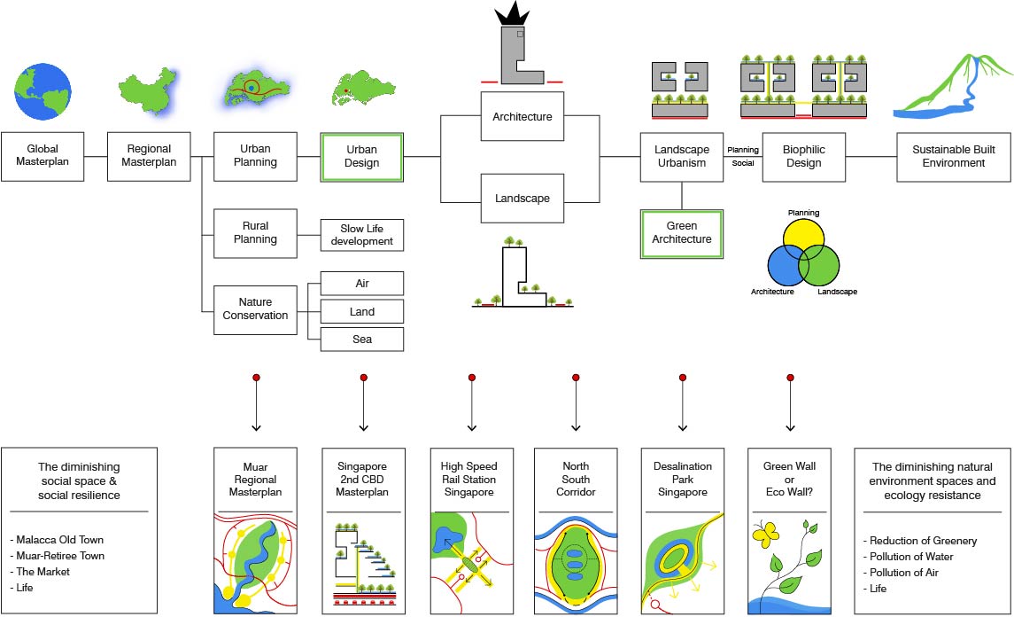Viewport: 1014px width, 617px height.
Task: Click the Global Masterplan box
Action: tap(43, 157)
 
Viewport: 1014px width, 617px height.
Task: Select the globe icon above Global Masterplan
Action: tap(42, 92)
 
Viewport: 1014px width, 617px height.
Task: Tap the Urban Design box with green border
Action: tap(361, 157)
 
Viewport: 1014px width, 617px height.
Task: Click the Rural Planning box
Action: tap(255, 233)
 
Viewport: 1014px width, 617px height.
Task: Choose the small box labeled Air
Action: tap(361, 284)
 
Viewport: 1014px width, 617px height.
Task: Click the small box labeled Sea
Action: tap(361, 340)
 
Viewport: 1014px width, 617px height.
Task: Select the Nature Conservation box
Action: tap(255, 308)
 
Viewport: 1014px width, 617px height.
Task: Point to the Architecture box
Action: tap(522, 117)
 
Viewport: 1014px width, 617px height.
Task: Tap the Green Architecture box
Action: tap(682, 233)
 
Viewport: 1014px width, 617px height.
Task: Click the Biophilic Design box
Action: tap(803, 157)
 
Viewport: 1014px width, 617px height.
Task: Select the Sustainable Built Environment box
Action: tap(948, 157)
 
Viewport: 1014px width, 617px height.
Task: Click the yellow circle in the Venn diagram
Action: tap(804, 232)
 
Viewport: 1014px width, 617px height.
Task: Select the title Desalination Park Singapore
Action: tap(683, 479)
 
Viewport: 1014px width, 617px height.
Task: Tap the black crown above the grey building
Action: tap(515, 13)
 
